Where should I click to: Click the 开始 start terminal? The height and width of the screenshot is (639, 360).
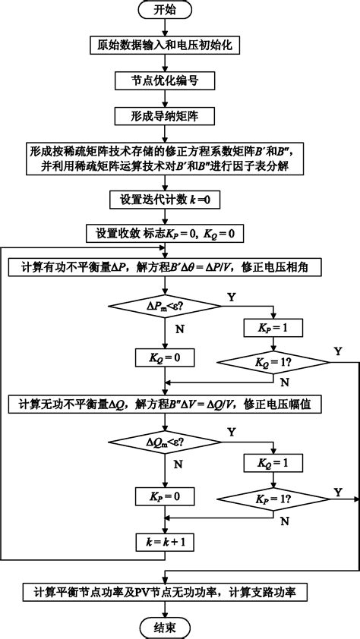pos(165,10)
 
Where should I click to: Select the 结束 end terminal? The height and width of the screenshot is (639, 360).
pos(165,627)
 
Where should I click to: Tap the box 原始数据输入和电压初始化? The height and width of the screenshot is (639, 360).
pos(165,46)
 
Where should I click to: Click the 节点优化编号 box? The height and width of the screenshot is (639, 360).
pos(165,80)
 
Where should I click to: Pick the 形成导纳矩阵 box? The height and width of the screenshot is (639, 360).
pos(165,115)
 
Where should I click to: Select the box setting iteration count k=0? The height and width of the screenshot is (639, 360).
pos(165,200)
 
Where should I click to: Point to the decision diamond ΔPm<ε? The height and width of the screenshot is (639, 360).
pos(165,305)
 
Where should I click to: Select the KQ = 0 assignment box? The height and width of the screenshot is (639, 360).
pos(165,357)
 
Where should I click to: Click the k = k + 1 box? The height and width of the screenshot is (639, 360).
pos(165,543)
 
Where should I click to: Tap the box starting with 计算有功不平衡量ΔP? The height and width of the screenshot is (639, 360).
pos(165,267)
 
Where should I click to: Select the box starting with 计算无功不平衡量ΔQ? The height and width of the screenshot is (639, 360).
pos(165,404)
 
